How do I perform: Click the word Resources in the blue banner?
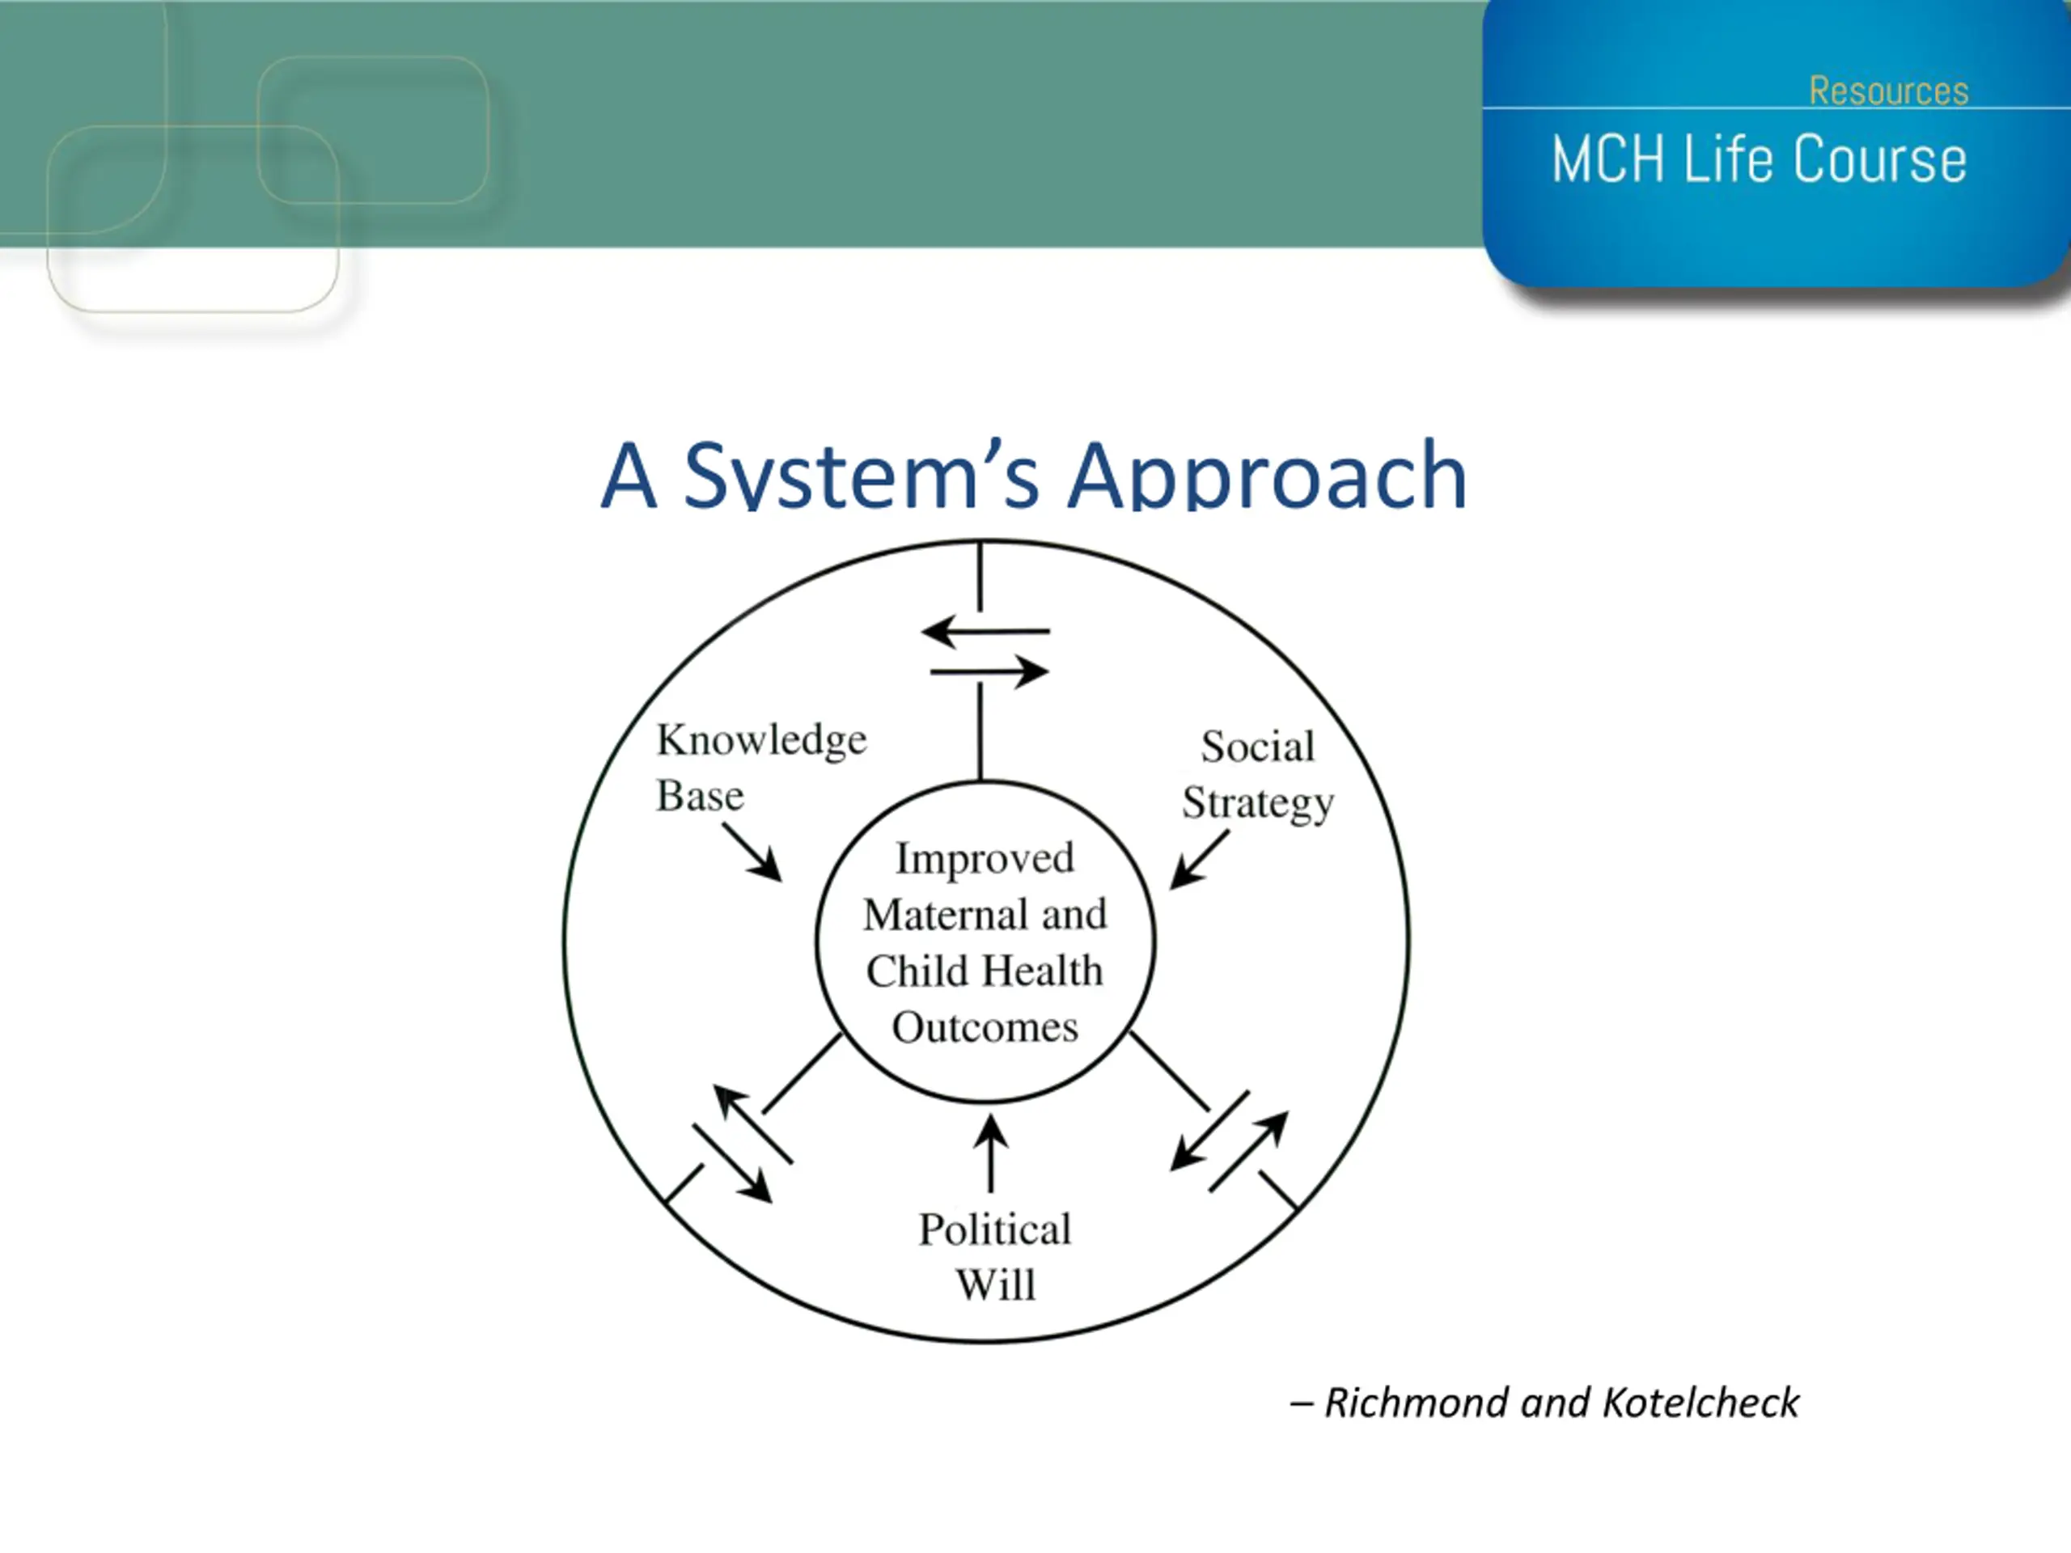click(1888, 91)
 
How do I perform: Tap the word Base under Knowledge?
click(700, 797)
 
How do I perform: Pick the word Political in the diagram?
click(994, 1229)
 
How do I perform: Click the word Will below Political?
click(995, 1284)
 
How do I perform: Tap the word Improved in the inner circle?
click(984, 858)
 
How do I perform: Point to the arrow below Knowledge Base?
click(752, 852)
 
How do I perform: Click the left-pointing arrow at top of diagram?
click(985, 631)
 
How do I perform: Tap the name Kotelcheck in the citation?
click(1700, 1403)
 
